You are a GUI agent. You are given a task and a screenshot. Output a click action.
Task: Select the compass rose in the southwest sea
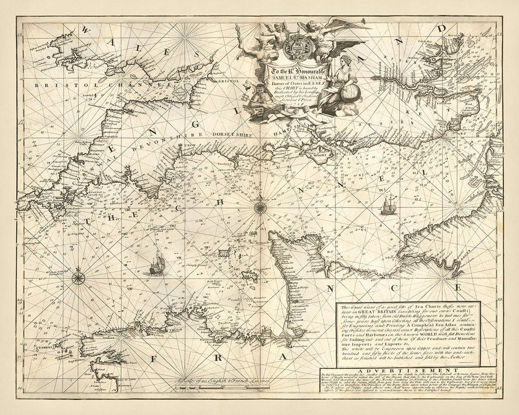click(78, 279)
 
